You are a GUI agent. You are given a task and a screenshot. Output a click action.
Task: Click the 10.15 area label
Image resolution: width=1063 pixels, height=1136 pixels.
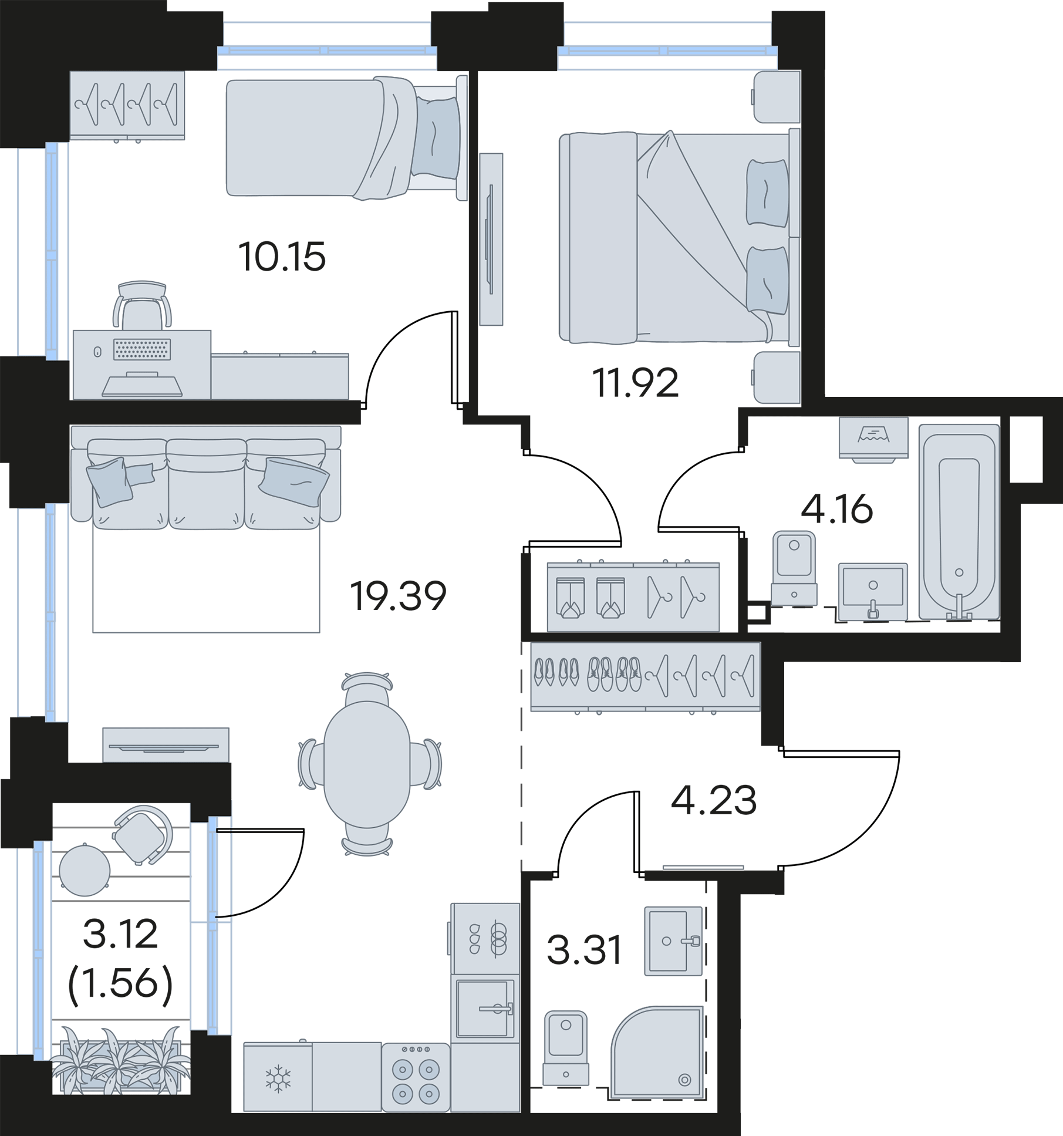coord(282,257)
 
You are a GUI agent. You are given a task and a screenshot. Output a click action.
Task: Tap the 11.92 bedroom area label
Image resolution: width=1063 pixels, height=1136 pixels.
coord(635,382)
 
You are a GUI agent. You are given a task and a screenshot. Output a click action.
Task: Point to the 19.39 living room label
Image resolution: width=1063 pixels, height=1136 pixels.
coord(398,595)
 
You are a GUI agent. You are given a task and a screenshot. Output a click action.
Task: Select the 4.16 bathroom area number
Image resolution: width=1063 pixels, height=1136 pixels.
coord(837,509)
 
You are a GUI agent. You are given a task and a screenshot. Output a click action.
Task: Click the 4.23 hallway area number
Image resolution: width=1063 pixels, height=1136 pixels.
coord(714,800)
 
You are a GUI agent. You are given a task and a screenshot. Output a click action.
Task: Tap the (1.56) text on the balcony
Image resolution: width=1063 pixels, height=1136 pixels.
coord(120,983)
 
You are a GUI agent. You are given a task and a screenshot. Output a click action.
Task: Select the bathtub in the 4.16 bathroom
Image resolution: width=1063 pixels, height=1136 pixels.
coord(959,521)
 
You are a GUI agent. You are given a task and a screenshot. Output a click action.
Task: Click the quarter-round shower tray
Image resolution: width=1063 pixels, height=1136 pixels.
coord(657,1052)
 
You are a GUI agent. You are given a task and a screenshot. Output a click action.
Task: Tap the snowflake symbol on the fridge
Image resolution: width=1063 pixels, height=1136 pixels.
coord(278,1078)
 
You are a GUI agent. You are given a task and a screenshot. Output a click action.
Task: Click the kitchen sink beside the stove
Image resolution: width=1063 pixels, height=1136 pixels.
coord(485,1008)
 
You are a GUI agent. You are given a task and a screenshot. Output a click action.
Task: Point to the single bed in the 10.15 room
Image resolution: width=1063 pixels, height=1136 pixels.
coord(346,138)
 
